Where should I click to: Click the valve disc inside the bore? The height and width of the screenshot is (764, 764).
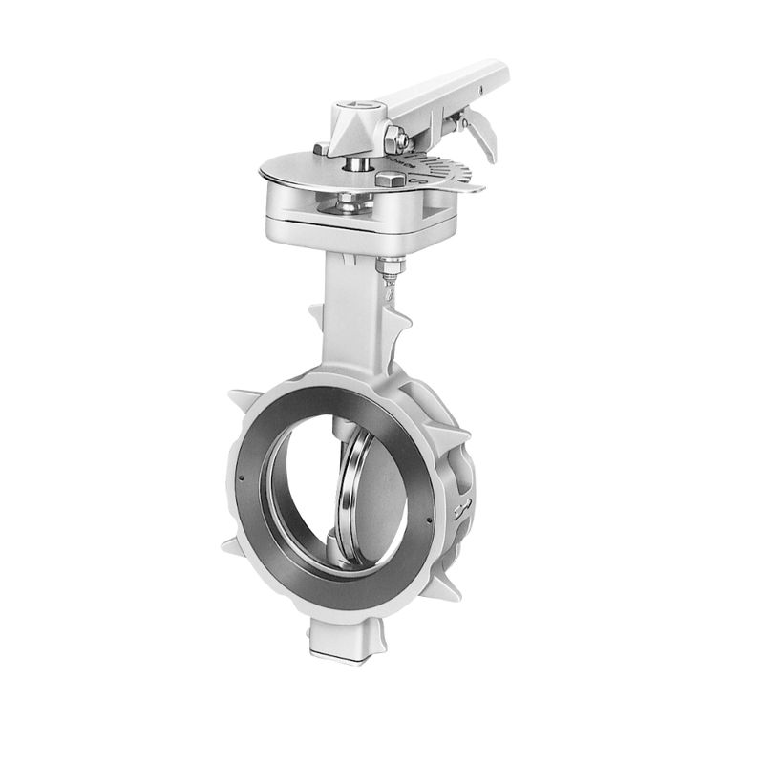coord(357,496)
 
